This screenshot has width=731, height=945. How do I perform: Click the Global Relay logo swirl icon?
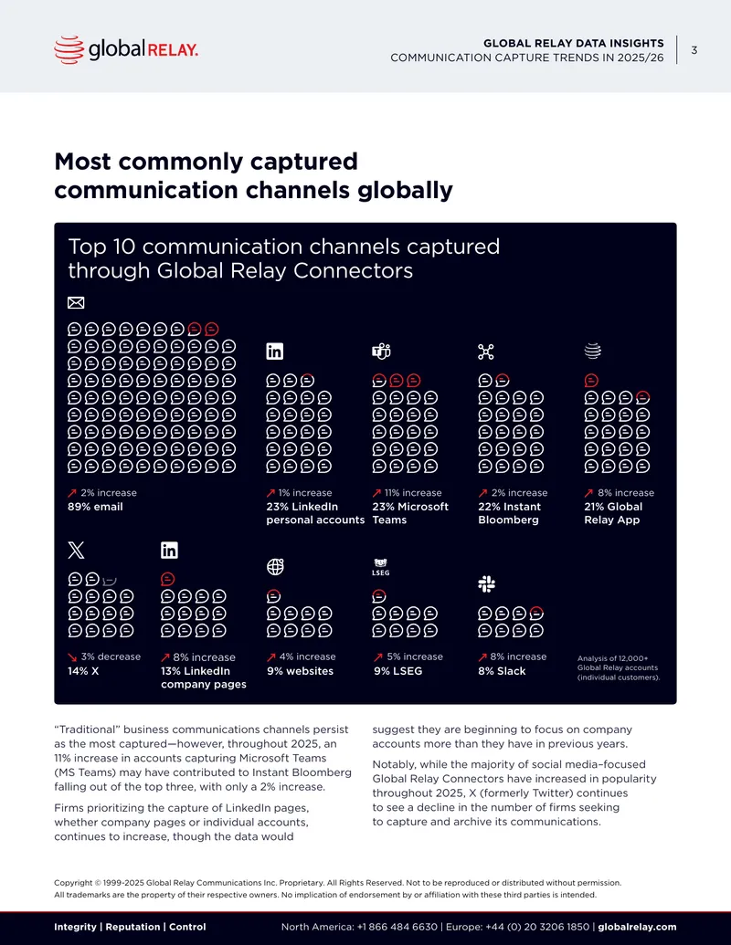click(x=69, y=49)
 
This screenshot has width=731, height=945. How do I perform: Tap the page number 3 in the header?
click(x=694, y=50)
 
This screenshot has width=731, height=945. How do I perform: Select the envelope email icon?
click(x=76, y=302)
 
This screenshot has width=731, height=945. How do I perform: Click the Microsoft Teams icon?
click(x=381, y=351)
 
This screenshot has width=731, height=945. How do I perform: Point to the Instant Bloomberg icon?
click(x=486, y=352)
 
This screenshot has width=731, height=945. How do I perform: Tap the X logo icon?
click(x=76, y=550)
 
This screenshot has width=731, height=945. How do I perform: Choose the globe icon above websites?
click(x=275, y=566)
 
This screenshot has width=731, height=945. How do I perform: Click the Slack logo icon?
click(x=487, y=583)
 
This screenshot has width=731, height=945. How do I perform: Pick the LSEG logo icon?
click(x=381, y=567)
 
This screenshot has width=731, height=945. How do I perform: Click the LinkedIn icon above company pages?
click(x=169, y=550)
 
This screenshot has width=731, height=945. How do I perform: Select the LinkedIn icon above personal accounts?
click(x=275, y=351)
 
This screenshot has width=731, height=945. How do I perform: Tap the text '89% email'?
click(x=95, y=507)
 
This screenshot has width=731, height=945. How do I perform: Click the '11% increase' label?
click(x=413, y=492)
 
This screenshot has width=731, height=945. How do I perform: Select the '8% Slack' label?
click(x=502, y=671)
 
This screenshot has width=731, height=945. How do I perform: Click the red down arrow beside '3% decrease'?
click(x=72, y=656)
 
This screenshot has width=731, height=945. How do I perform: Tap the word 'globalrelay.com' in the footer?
click(x=637, y=927)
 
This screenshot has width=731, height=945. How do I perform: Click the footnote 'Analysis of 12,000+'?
click(x=613, y=658)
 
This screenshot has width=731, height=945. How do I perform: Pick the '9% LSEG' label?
click(x=398, y=671)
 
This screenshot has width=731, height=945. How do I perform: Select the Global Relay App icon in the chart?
click(x=593, y=351)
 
